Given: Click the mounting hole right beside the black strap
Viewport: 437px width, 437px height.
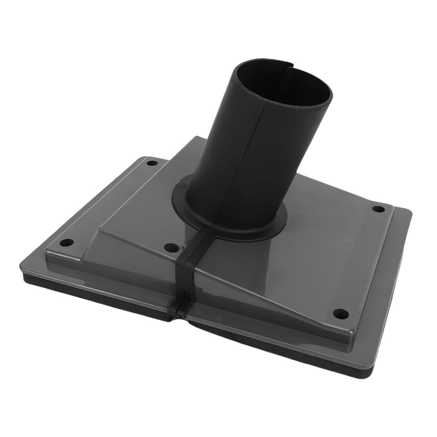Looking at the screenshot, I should tap(172, 248).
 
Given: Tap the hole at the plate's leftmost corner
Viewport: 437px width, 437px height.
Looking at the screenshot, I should tap(66, 243).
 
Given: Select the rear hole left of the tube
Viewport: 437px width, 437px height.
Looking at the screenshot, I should tap(152, 163).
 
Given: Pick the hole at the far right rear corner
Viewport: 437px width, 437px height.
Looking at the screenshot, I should tap(379, 209).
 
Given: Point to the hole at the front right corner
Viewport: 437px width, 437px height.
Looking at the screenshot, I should tap(341, 314).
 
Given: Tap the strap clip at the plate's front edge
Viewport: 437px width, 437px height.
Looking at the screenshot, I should tap(178, 309).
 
